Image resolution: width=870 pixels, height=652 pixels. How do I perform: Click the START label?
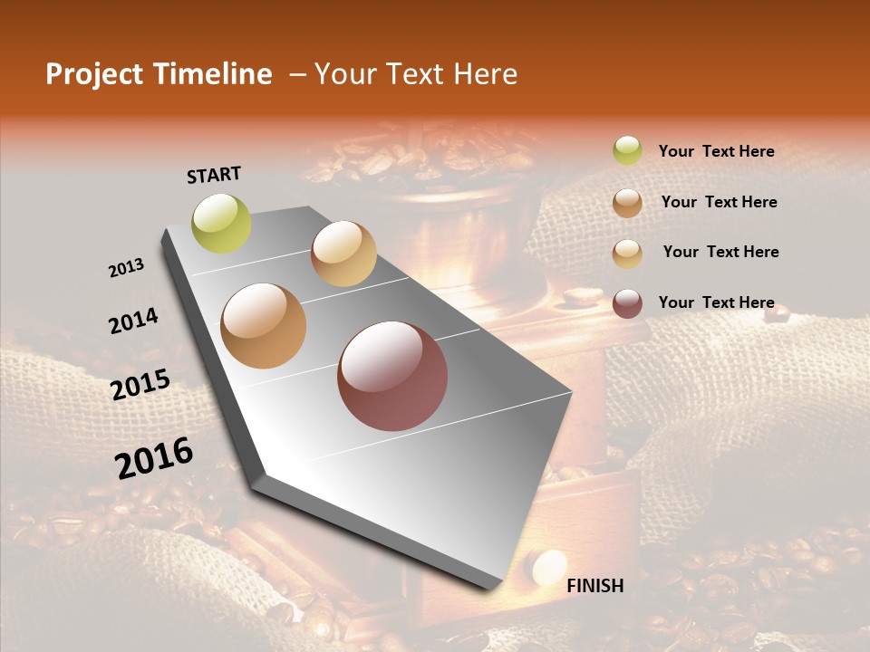(214, 174)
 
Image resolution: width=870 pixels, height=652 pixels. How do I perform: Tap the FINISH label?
(594, 586)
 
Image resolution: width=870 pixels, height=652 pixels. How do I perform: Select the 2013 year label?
(126, 268)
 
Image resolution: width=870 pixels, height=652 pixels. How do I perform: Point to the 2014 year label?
(133, 321)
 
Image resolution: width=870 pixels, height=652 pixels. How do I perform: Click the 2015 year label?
(140, 385)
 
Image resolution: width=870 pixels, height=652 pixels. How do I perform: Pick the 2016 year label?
(154, 458)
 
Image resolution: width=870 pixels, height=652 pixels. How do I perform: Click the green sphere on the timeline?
(222, 223)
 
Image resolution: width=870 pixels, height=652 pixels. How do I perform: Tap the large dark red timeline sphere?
(392, 376)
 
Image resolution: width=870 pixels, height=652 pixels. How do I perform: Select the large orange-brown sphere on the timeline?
(263, 326)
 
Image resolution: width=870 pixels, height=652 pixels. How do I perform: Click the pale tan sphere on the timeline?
(343, 254)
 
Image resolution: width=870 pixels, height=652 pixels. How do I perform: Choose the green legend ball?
(627, 150)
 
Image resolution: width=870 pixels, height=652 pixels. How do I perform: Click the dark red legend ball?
(627, 303)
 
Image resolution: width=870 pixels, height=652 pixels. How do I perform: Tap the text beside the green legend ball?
(716, 151)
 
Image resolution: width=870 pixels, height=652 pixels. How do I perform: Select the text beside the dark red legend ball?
(716, 302)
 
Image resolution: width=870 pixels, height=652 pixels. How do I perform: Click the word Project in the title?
(92, 74)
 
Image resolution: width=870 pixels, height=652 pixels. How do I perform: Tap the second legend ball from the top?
(627, 203)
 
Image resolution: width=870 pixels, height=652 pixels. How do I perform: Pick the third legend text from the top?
(720, 252)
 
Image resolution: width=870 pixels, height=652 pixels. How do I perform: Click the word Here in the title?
(485, 74)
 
